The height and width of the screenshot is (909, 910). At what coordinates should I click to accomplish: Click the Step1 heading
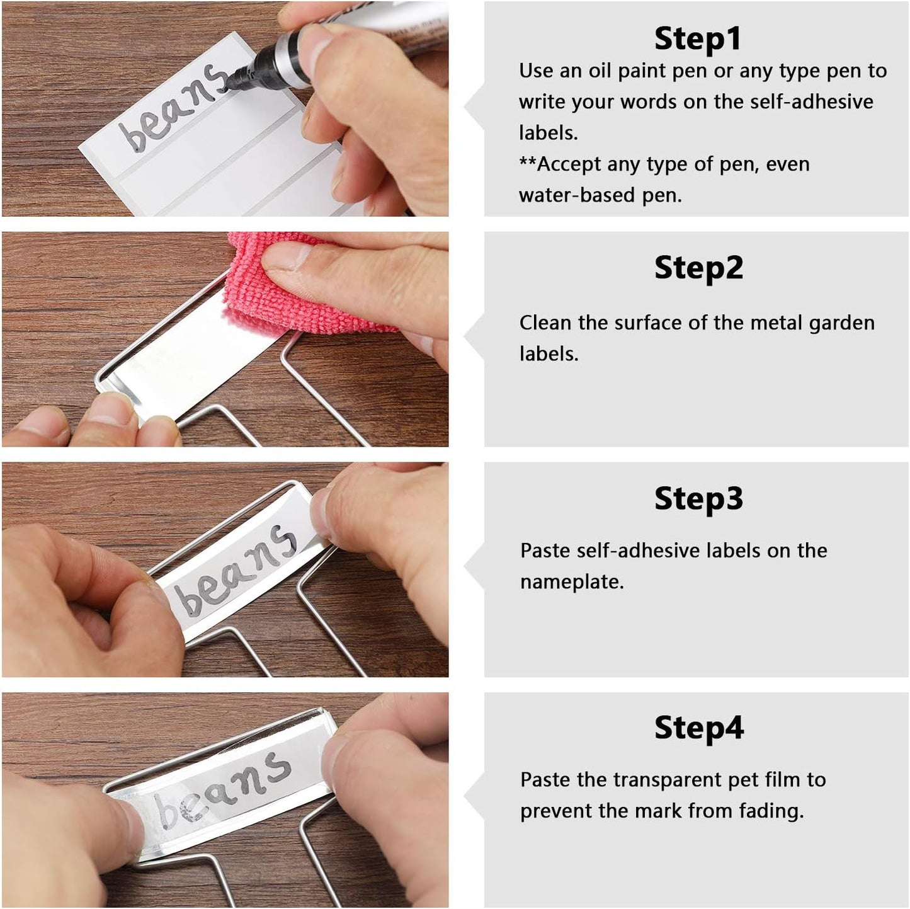point(697,38)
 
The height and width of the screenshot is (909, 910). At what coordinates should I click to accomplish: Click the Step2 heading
point(698,268)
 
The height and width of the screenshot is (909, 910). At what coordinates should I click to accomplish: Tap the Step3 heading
point(698,498)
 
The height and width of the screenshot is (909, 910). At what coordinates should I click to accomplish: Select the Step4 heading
point(699,728)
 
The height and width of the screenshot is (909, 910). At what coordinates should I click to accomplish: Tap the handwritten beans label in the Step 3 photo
point(236,570)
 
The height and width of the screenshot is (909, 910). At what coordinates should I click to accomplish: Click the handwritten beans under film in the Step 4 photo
point(224,787)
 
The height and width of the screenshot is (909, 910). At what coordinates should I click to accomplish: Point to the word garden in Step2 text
point(841,324)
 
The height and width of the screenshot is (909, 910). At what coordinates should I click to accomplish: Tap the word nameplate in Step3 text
point(571,582)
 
